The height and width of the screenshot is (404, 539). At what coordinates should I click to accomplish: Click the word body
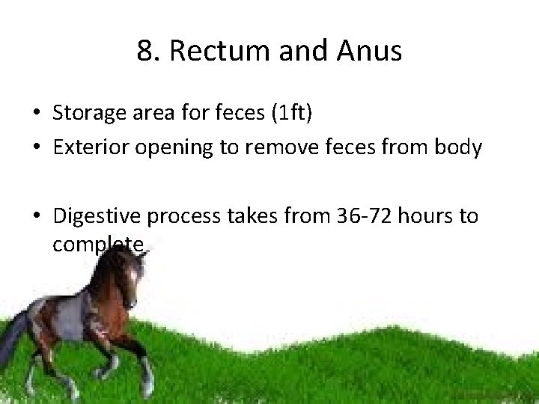pos(458,147)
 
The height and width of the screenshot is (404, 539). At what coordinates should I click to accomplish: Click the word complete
pos(97,245)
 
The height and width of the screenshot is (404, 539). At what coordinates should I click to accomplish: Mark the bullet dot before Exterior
pos(37,148)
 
